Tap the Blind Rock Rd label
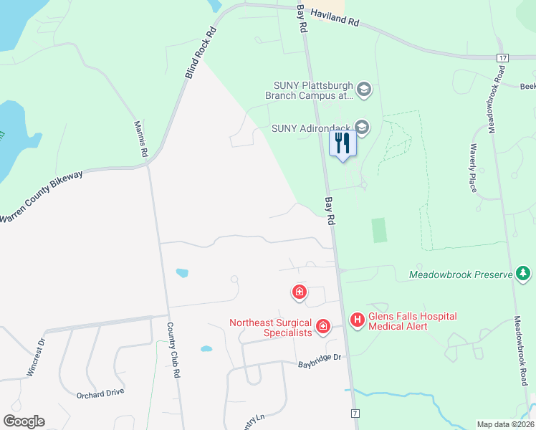[x=201, y=53]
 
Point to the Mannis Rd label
[x=140, y=139]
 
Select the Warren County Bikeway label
[x=42, y=196]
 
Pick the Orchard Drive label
[x=100, y=393]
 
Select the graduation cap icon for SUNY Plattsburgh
[x=363, y=90]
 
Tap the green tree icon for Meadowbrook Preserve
[x=524, y=274]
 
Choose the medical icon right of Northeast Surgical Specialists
[x=323, y=328]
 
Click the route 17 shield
[x=502, y=57]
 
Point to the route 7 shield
[x=354, y=414]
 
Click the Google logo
[x=24, y=421]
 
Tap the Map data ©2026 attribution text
[x=504, y=424]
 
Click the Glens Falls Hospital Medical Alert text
[x=412, y=321]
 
